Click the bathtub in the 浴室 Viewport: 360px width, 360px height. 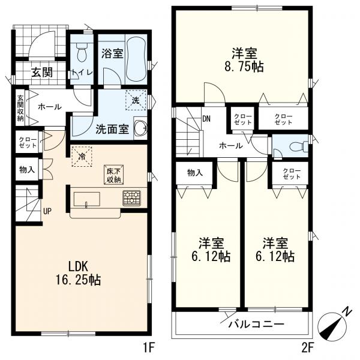pos(136,59)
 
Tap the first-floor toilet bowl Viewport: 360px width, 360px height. pos(82,53)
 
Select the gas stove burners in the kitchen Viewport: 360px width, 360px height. pos(132,197)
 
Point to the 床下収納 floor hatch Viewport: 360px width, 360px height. pos(113,175)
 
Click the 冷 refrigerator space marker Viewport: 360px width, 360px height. pos(82,157)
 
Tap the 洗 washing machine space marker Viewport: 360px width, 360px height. pos(136,100)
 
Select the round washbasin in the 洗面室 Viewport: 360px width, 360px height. pos(140,127)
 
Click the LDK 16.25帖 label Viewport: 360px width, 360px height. pos(79,273)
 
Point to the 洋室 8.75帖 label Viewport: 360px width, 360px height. pos(244,60)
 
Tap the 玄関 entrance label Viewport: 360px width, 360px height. pos(42,73)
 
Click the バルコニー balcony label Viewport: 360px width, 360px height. pos(256,324)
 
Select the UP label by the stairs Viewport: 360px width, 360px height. pos(47,211)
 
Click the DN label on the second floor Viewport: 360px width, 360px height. pos(206,119)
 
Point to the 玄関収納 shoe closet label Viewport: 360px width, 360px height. pos(20,108)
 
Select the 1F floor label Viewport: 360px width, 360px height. pos(149,349)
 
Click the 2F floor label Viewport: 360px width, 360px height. pos(307,349)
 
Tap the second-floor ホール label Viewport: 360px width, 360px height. pos(230,146)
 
